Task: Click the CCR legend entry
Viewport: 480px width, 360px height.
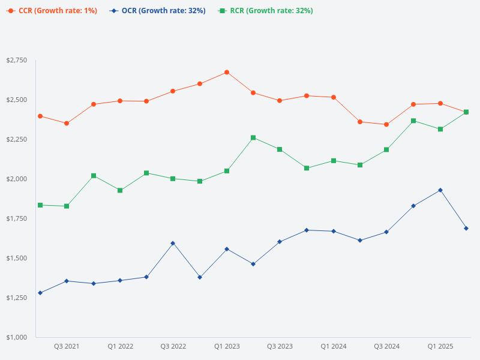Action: click(51, 11)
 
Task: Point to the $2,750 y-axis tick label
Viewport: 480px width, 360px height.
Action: click(17, 61)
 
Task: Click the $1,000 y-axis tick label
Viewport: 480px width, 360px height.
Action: click(17, 337)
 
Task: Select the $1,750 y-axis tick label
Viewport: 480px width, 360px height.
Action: click(17, 218)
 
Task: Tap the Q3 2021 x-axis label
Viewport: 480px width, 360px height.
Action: click(67, 346)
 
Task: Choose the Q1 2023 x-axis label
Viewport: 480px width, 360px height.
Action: click(227, 346)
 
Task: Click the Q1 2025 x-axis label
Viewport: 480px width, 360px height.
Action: click(440, 346)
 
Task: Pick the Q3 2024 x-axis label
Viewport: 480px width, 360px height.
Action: click(387, 346)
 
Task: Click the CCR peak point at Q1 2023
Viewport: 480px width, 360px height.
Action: click(227, 72)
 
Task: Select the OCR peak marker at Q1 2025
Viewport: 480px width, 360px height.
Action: click(440, 190)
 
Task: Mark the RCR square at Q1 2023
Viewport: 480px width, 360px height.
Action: click(227, 171)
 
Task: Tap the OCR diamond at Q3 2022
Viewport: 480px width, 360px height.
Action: click(173, 243)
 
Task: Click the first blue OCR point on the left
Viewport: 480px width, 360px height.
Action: click(40, 293)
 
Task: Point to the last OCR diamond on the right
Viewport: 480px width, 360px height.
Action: click(466, 229)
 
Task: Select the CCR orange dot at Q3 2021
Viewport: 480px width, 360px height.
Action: click(67, 124)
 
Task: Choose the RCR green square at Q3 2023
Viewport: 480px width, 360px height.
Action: click(280, 149)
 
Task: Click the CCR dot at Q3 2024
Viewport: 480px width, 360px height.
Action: click(386, 125)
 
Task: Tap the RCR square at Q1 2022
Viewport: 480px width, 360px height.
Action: click(120, 190)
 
